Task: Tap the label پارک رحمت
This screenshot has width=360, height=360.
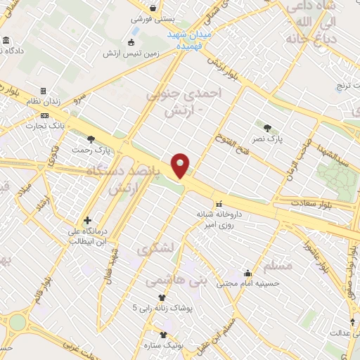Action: click(92, 150)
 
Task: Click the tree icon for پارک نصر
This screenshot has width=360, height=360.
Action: click(267, 127)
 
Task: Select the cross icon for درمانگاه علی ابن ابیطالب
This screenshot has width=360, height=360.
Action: click(87, 220)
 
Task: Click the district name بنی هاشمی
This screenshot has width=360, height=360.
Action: click(176, 281)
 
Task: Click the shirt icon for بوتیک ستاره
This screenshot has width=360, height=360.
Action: click(164, 335)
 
